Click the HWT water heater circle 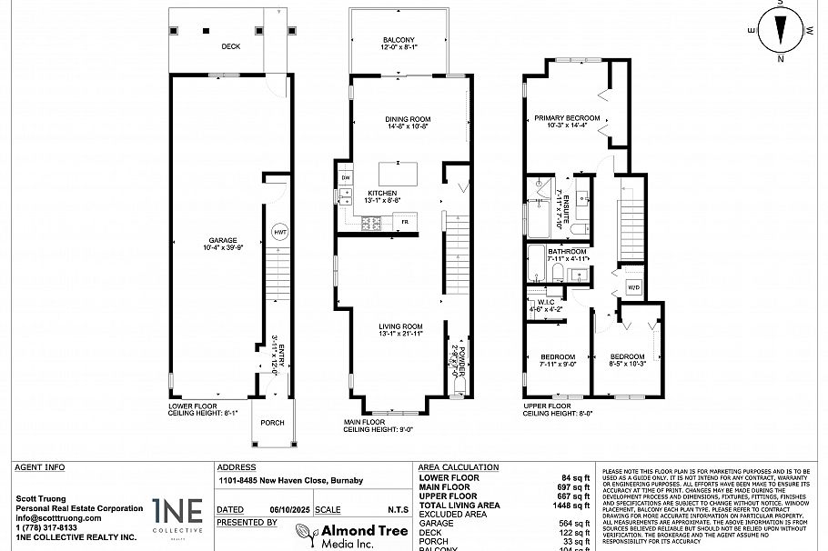coord(279,233)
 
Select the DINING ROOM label coord(408,119)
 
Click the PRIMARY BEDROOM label coord(567,118)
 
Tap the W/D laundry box coord(634,288)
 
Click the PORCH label coord(272,423)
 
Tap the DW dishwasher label coord(346,177)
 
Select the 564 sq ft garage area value coord(576,524)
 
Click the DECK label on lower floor coord(230,46)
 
